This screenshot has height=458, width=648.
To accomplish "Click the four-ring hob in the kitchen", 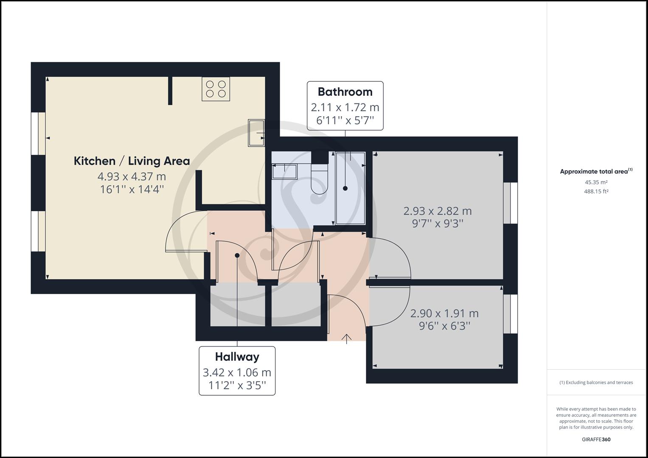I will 216,89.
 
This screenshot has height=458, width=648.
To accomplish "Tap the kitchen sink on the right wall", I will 256,133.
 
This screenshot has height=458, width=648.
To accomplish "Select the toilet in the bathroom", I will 320,179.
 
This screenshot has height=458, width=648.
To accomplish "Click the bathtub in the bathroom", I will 351,188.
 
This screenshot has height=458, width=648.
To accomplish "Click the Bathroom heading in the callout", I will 345,92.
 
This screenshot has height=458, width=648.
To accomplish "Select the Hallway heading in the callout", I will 237,357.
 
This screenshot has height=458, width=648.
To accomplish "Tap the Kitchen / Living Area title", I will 132,161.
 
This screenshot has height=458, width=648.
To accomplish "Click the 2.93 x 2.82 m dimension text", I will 438,211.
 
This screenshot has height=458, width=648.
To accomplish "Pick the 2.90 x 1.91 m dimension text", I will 444,313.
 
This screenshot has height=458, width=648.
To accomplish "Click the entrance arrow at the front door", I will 347,338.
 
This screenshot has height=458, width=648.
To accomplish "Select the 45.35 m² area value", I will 596,182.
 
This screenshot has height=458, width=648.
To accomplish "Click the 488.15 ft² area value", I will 596,191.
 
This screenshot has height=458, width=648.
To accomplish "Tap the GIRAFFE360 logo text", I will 596,439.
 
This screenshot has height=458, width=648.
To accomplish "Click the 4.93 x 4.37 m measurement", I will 132,176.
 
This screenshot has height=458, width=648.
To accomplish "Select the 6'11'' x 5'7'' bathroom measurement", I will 345,120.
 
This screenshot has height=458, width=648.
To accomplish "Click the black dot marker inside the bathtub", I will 345,188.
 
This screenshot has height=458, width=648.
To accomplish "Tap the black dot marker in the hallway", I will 237,255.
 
